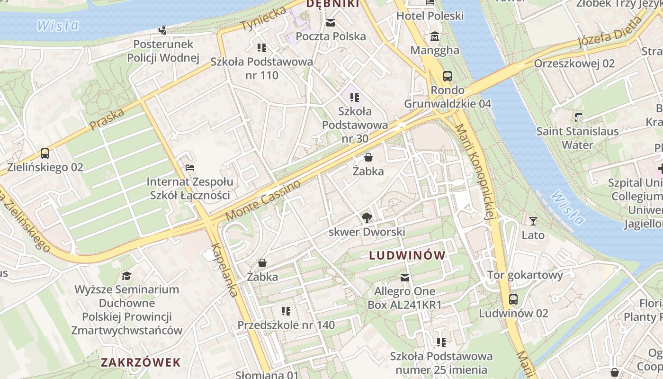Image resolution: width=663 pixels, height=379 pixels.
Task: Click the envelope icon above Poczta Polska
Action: (330, 23)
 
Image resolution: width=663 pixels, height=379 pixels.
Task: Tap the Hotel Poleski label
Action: (430, 16)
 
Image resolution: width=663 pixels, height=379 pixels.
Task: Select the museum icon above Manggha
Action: (434, 36)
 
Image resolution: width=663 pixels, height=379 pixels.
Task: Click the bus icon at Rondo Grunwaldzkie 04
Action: (447, 76)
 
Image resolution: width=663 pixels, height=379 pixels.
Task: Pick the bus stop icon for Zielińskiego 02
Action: (45, 153)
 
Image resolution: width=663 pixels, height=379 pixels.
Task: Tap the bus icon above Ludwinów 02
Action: (513, 299)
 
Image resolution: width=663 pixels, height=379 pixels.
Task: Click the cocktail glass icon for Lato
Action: (533, 221)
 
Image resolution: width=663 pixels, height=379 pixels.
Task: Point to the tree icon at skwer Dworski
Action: (367, 218)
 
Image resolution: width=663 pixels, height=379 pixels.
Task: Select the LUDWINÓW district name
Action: (407, 255)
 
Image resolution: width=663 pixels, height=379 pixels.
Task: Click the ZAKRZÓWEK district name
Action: (141, 362)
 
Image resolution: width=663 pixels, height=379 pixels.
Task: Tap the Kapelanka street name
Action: (225, 270)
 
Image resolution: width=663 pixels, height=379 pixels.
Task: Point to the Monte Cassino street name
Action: (263, 200)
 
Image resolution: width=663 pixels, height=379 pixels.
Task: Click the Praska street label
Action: (107, 119)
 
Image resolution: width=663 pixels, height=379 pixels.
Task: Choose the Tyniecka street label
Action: (264, 18)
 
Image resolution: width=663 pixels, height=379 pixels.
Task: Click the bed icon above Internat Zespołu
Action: (189, 168)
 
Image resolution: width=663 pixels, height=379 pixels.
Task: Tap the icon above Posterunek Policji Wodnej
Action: (163, 30)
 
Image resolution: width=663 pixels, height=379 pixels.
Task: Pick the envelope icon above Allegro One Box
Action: (404, 277)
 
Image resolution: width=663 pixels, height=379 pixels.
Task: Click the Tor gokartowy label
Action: (525, 275)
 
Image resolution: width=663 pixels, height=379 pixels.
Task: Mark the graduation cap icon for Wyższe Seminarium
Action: (126, 275)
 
